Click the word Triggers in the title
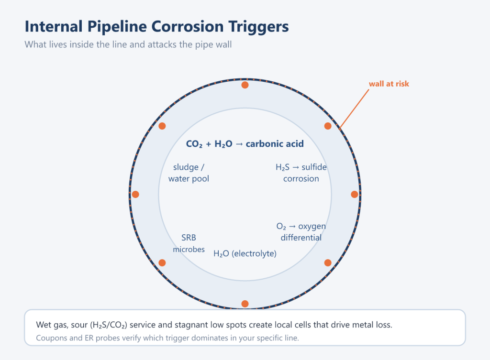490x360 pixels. (258, 27)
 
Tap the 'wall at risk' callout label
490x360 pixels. (389, 84)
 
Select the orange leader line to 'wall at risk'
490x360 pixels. (355, 109)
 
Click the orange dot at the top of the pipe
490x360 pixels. (245, 85)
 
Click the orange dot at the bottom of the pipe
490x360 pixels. (245, 304)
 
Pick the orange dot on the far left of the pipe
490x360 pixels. (135, 195)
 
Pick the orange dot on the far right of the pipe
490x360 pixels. (355, 195)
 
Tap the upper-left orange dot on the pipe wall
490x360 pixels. (162, 126)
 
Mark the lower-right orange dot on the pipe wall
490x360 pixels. (328, 263)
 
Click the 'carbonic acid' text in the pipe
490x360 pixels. (275, 143)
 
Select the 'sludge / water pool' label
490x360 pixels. (189, 173)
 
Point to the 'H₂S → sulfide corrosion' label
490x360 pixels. (301, 173)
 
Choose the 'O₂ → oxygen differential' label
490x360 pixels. (301, 232)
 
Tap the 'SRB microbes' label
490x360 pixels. (189, 243)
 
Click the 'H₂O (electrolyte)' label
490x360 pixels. (245, 253)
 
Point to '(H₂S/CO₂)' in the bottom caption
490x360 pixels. (109, 325)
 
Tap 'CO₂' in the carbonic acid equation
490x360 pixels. (194, 144)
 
